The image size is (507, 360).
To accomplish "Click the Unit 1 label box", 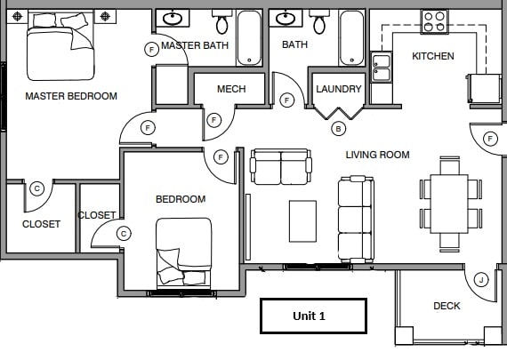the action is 313,316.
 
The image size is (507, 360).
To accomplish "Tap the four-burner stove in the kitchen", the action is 435,21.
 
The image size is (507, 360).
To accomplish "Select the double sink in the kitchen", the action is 382,68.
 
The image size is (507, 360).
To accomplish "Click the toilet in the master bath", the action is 221,21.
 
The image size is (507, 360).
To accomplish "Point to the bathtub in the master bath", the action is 249,37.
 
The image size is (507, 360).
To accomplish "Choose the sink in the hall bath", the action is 286,18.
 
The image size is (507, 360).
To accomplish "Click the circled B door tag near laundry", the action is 338,129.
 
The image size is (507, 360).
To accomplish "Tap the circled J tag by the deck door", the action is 481,280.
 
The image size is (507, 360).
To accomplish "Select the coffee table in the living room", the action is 302,221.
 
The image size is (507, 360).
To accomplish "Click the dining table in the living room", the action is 449,204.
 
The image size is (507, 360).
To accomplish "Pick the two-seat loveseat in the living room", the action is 281,167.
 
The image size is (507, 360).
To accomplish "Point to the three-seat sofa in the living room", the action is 356,219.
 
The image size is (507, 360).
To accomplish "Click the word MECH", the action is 231,89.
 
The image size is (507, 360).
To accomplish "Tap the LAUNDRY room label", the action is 339,89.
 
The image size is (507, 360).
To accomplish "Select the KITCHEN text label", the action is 433,56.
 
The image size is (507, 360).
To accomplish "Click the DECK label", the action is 447,306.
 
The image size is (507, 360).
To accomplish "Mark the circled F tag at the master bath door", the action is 151,50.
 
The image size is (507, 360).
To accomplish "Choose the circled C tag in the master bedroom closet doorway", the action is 36,188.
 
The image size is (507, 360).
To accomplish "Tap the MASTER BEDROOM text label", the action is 71,96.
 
